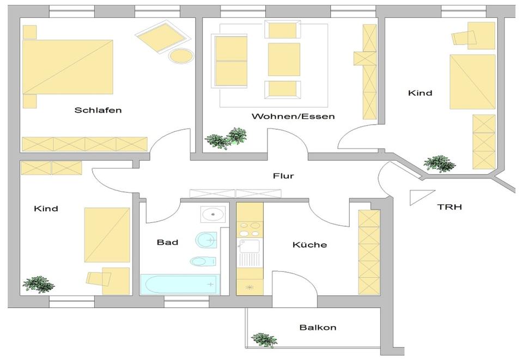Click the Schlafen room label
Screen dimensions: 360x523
pos(98,110)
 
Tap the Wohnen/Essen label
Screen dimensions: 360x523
pos(293,117)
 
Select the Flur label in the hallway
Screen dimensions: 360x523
pos(283,176)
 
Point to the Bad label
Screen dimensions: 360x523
pos(167,242)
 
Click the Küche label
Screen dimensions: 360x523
pos(309,245)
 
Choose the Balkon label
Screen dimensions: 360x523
pos(318,327)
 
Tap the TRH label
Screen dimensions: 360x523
pos(451,207)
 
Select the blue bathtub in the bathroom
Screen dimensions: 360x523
pos(179,284)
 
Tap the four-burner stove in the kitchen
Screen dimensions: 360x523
pos(250,227)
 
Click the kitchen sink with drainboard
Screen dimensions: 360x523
pos(250,253)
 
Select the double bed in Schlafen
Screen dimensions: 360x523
pos(68,66)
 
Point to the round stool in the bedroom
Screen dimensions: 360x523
pos(180,56)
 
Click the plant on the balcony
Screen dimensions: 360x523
pos(263,340)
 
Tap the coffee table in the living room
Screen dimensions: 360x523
pos(284,59)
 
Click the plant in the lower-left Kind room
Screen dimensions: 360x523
pos(38,284)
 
